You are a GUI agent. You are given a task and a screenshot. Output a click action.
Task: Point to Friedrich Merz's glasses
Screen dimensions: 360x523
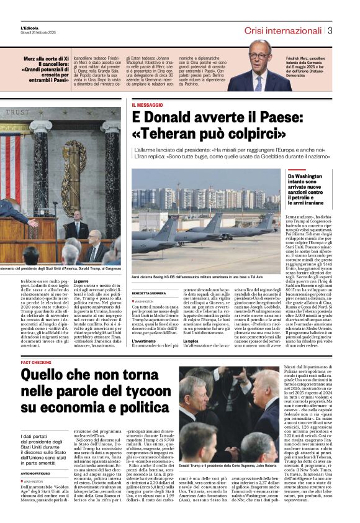[x=261, y=57]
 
